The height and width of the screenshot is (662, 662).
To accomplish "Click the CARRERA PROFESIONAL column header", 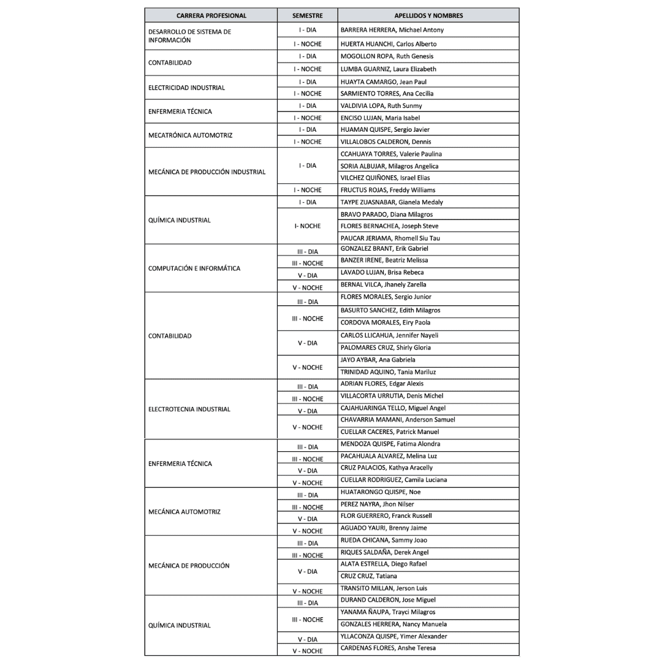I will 211,15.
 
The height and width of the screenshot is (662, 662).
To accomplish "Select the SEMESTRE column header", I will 307,15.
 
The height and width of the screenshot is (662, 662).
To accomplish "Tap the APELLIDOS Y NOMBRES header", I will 428,15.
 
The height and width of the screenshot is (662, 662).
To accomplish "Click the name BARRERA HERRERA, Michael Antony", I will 392,30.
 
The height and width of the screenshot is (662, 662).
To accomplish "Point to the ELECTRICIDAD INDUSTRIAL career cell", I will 186,88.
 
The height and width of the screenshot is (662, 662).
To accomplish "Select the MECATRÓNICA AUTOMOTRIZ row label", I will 190,135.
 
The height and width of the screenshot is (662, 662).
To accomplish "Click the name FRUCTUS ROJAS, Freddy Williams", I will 387,190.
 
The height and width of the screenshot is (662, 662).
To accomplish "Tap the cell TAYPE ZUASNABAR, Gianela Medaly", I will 391,202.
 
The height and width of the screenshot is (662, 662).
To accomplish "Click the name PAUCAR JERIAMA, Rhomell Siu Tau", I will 390,238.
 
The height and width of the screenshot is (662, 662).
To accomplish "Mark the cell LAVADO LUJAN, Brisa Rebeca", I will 382,273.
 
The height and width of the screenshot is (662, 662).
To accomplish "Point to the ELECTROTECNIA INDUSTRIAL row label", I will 189,409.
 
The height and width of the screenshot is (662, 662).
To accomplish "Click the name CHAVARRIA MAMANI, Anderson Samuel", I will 397,420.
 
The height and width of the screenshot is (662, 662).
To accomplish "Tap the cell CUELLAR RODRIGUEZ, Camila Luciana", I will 394,480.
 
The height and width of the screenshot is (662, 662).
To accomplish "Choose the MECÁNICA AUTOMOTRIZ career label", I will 185,512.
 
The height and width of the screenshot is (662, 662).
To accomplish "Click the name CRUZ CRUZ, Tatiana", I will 368,576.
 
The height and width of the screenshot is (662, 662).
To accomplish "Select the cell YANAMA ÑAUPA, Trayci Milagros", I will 387,612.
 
